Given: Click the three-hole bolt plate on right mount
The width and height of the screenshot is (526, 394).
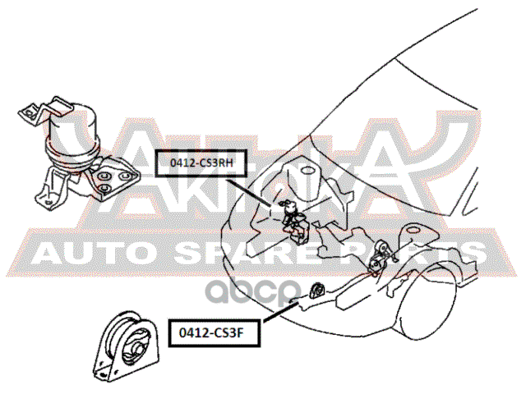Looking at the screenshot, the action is pos(110,176).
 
